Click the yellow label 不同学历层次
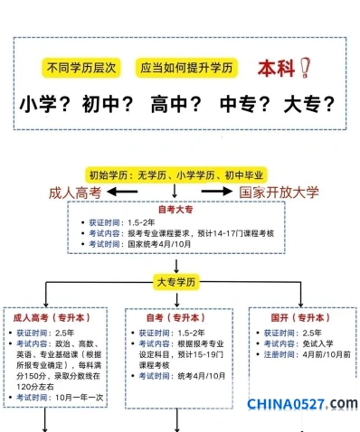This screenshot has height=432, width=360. pyautogui.click(x=81, y=68)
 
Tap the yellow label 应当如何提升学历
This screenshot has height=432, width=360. pyautogui.click(x=186, y=68)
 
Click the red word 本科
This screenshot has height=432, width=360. pyautogui.click(x=276, y=69)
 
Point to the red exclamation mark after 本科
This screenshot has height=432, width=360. pyautogui.click(x=305, y=68)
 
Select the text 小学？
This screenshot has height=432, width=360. pyautogui.click(x=45, y=104)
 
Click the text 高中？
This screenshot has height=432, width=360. pyautogui.click(x=176, y=104)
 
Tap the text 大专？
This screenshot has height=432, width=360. pyautogui.click(x=309, y=104)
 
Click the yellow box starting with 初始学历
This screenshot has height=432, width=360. pyautogui.click(x=176, y=175)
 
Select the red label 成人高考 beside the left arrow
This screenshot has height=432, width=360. pyautogui.click(x=75, y=193)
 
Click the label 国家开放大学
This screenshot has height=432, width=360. pyautogui.click(x=279, y=193)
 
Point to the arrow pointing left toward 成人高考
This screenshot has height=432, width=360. pyautogui.click(x=122, y=192)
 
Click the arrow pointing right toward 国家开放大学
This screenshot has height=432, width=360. pyautogui.click(x=217, y=191)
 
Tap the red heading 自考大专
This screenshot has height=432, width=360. pyautogui.click(x=175, y=210)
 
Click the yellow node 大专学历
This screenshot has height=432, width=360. pyautogui.click(x=176, y=282)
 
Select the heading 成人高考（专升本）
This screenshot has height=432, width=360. pyautogui.click(x=52, y=317)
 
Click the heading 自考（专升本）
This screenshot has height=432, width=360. pyautogui.click(x=175, y=317)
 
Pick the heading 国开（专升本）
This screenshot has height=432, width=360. pyautogui.click(x=300, y=317)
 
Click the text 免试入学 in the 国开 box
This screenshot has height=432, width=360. pyautogui.click(x=317, y=343)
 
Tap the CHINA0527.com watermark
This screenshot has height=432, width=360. pyautogui.click(x=302, y=404)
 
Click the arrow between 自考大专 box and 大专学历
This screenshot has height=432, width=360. pyautogui.click(x=176, y=266)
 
